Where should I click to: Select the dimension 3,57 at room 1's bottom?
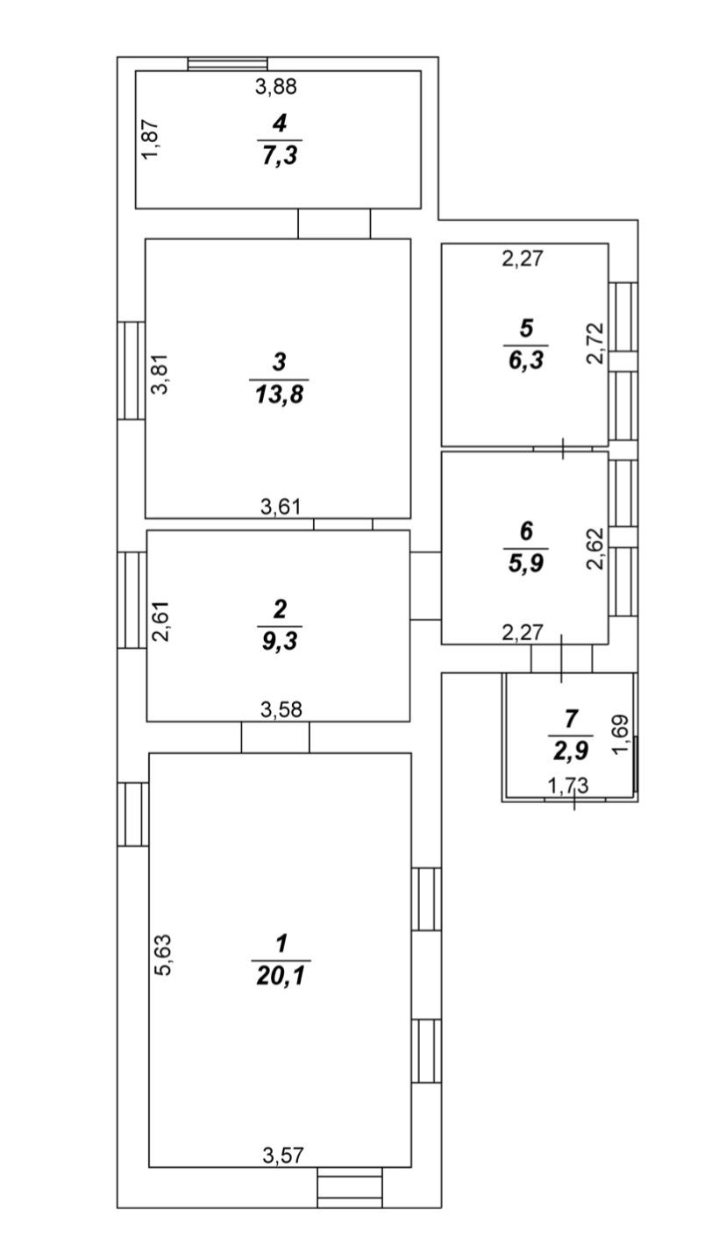click(x=282, y=1156)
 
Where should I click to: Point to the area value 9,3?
click(x=280, y=641)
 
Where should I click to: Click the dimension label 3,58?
click(x=281, y=709)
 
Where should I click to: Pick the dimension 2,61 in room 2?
click(x=160, y=621)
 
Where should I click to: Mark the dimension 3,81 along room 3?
click(x=160, y=374)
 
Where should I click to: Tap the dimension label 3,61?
click(x=281, y=506)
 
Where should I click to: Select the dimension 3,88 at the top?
click(x=276, y=86)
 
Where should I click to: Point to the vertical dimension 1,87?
click(x=151, y=139)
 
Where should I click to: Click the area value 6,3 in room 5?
click(x=526, y=360)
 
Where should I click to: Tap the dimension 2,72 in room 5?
click(x=596, y=343)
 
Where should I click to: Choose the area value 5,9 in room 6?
click(x=526, y=563)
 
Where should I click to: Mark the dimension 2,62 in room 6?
click(x=596, y=549)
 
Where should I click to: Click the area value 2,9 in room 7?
click(x=570, y=751)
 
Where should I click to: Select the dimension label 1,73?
click(x=568, y=786)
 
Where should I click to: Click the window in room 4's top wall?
click(x=227, y=63)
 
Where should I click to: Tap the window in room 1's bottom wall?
click(x=350, y=1187)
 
